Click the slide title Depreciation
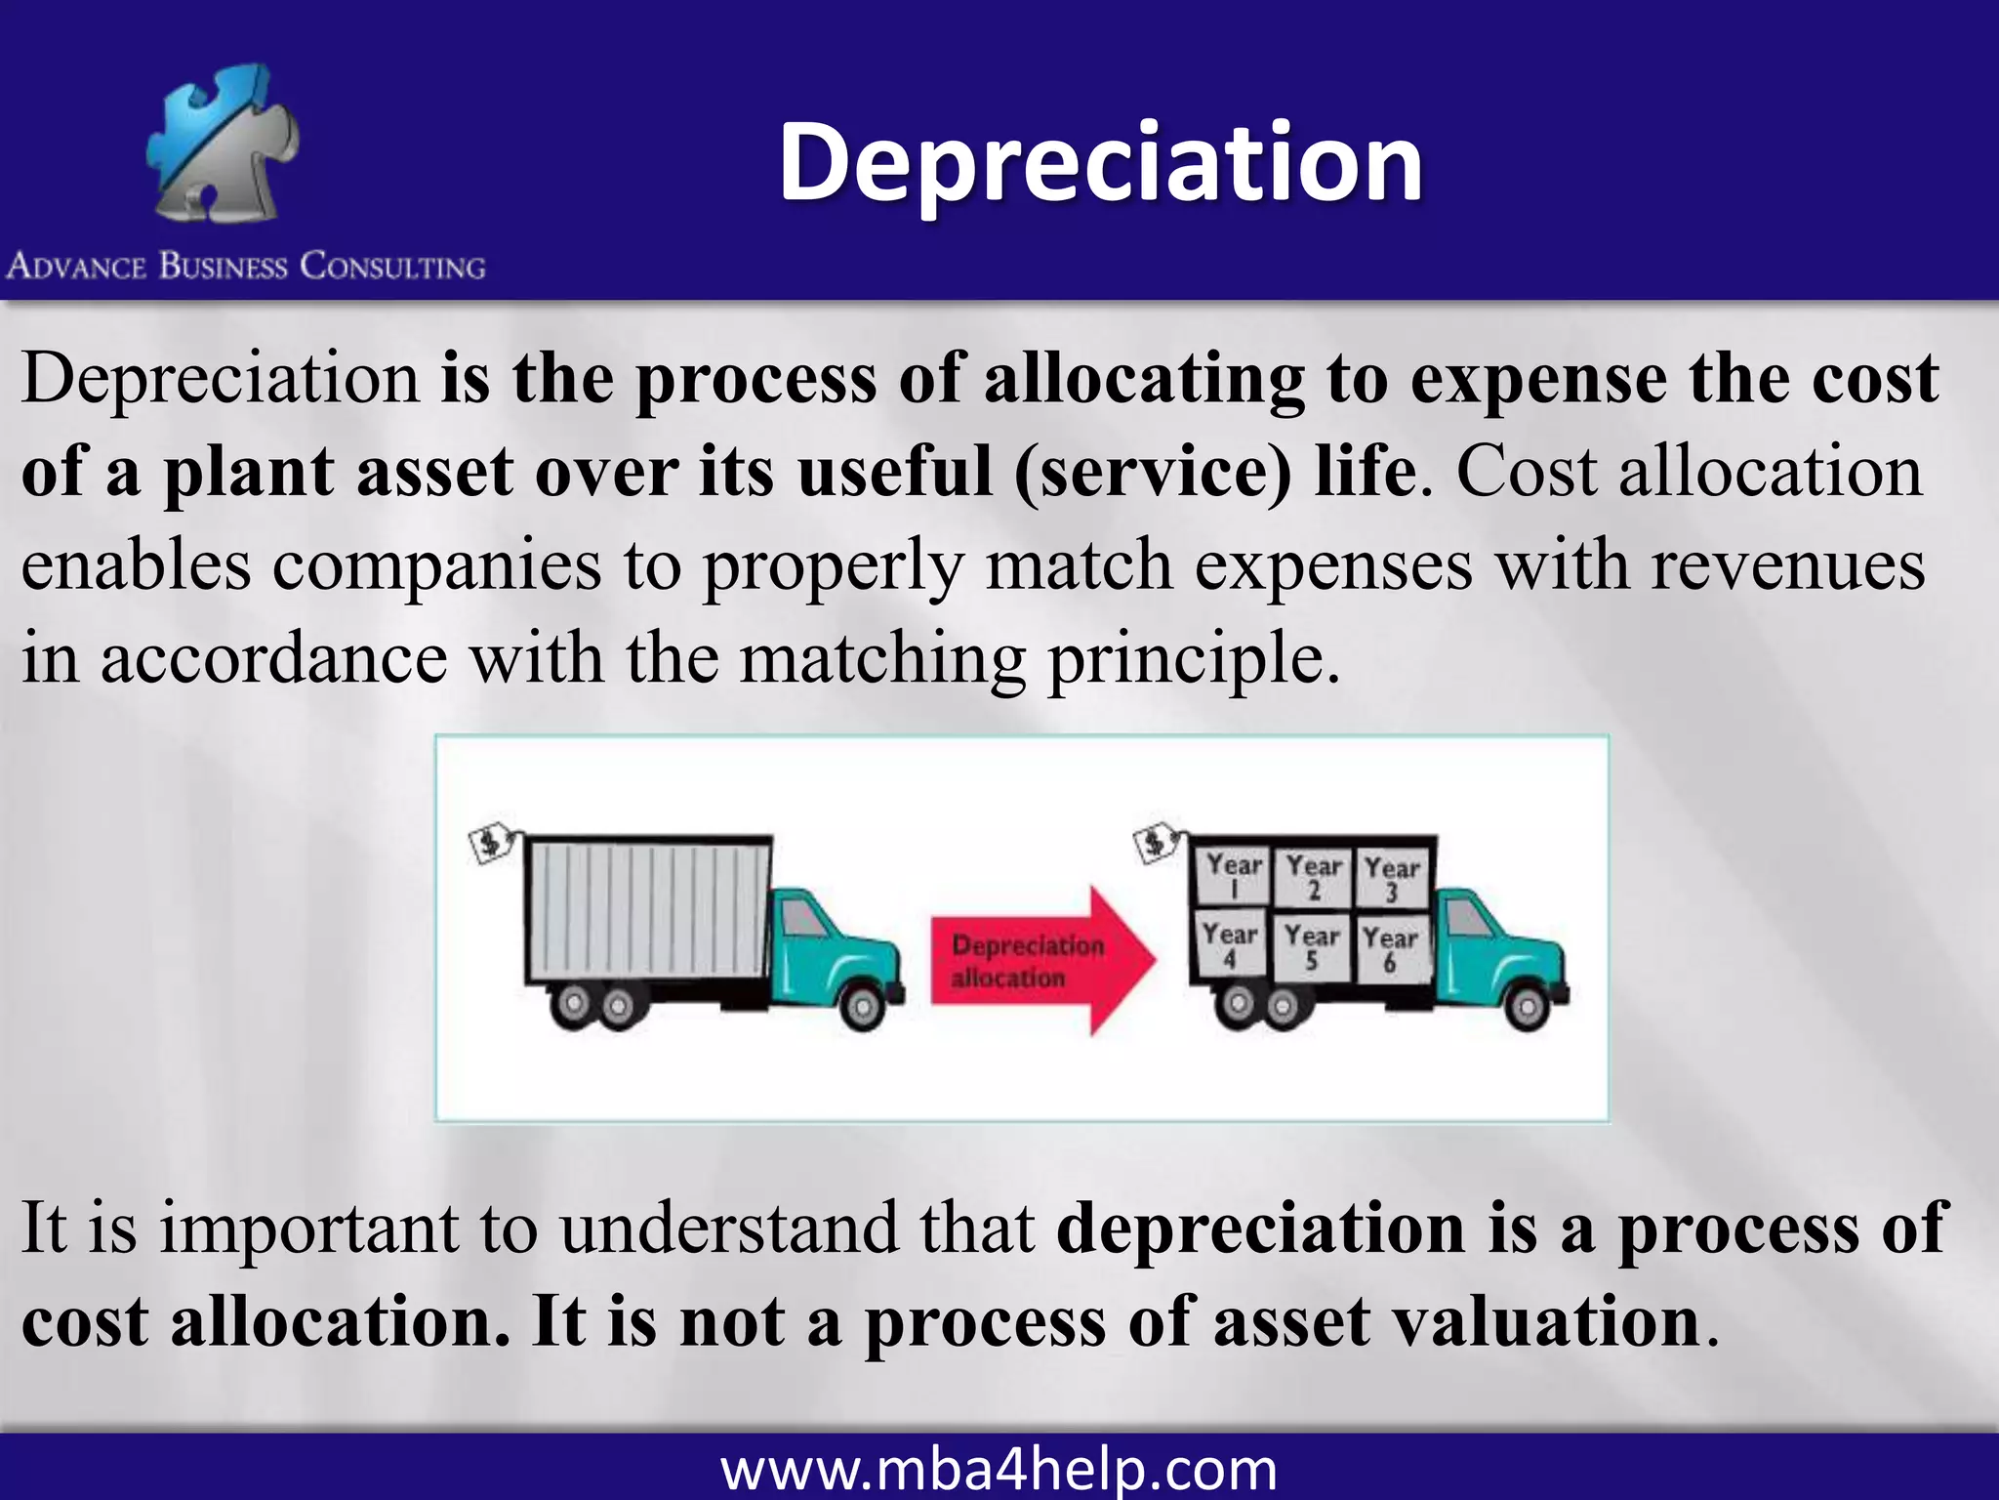[x=1100, y=163]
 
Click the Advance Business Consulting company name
[x=246, y=267]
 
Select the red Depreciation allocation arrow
[x=1040, y=960]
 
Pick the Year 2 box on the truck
[x=1313, y=877]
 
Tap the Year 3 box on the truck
[x=1391, y=878]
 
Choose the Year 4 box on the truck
[x=1229, y=945]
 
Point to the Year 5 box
[x=1311, y=946]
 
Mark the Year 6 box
[x=1390, y=948]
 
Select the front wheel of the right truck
[x=1528, y=1007]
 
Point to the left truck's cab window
[x=803, y=916]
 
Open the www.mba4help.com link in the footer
[x=999, y=1470]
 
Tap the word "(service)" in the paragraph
[x=1153, y=472]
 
